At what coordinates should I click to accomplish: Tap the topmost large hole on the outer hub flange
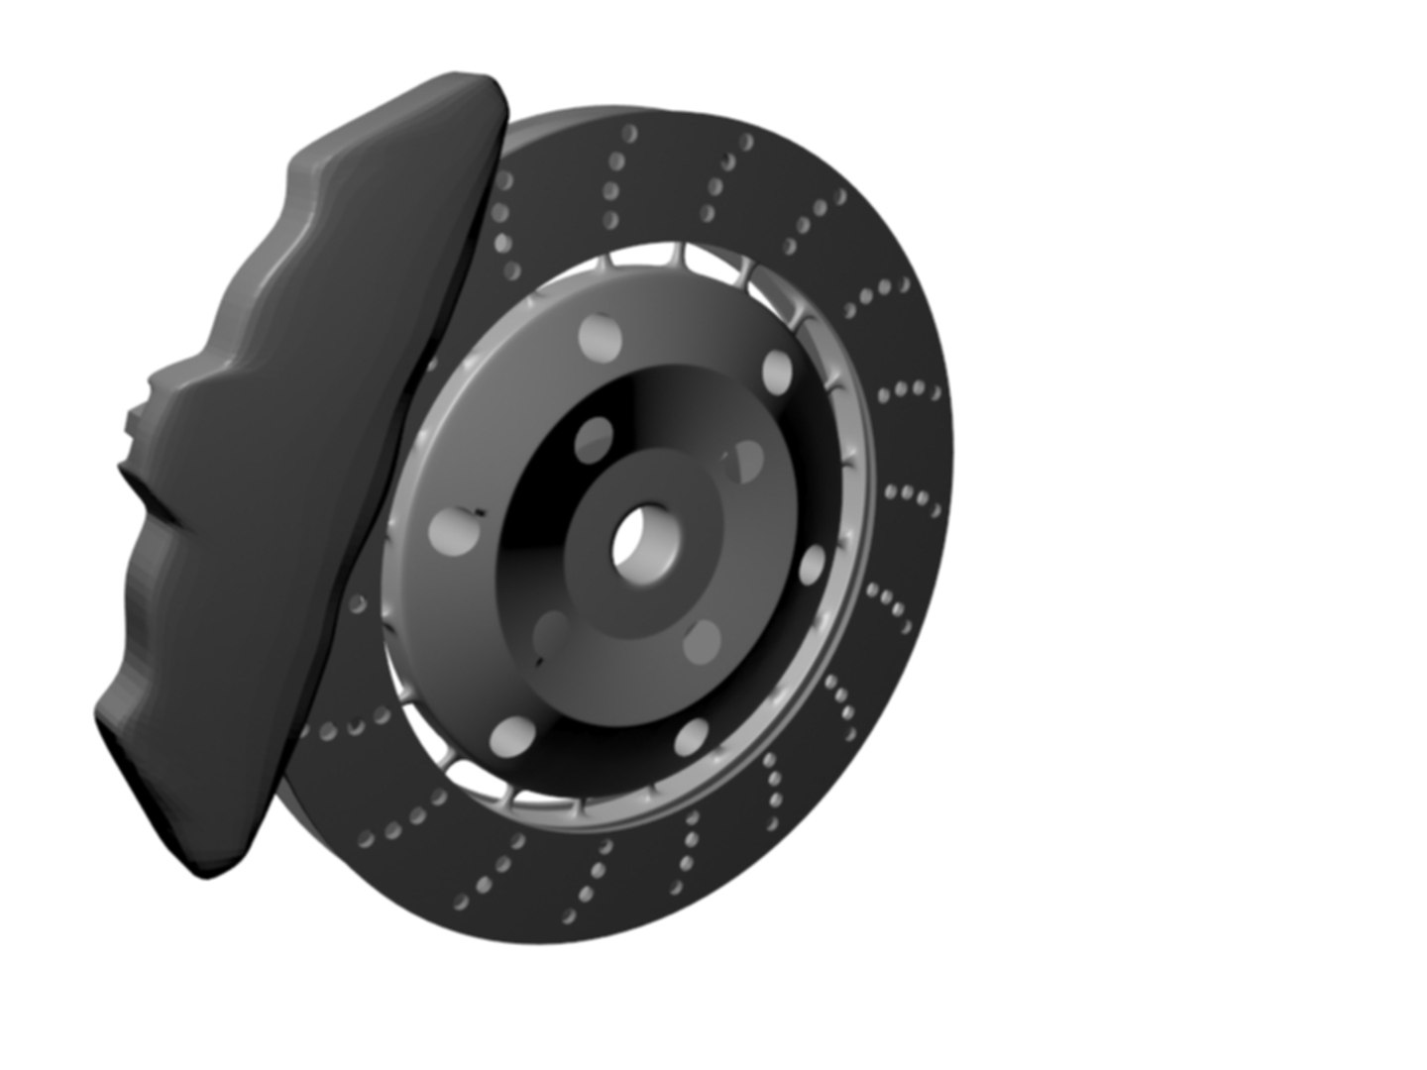(x=603, y=336)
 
